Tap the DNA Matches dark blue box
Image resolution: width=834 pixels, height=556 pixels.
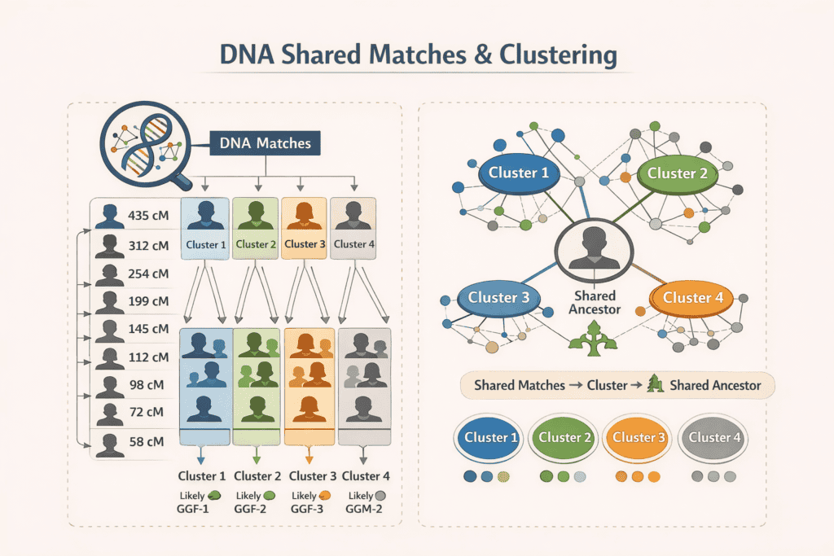point(266,143)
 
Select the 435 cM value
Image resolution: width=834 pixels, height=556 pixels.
point(148,217)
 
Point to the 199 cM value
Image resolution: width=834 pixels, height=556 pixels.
point(148,301)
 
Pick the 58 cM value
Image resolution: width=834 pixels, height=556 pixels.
point(147,441)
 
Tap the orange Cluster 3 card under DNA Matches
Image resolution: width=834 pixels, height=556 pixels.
point(304,228)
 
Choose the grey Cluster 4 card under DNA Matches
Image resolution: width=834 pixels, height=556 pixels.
point(353,228)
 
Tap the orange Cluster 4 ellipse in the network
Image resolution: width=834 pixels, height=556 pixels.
point(692,298)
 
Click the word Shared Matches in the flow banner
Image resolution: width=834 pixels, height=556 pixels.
point(519,384)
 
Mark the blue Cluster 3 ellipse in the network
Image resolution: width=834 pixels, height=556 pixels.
point(498,298)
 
